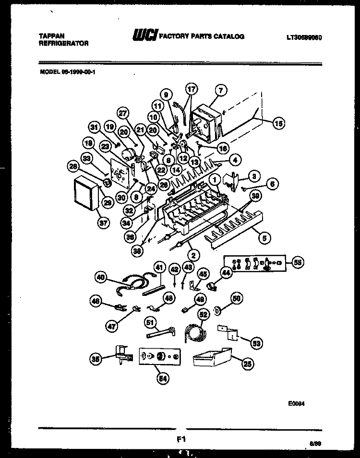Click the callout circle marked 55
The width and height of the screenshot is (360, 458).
pyautogui.click(x=298, y=262)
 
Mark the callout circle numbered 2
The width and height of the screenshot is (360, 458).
pyautogui.click(x=192, y=256)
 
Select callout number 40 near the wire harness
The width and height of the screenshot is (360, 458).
pyautogui.click(x=100, y=277)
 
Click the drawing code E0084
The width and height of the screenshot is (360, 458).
pyautogui.click(x=297, y=403)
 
